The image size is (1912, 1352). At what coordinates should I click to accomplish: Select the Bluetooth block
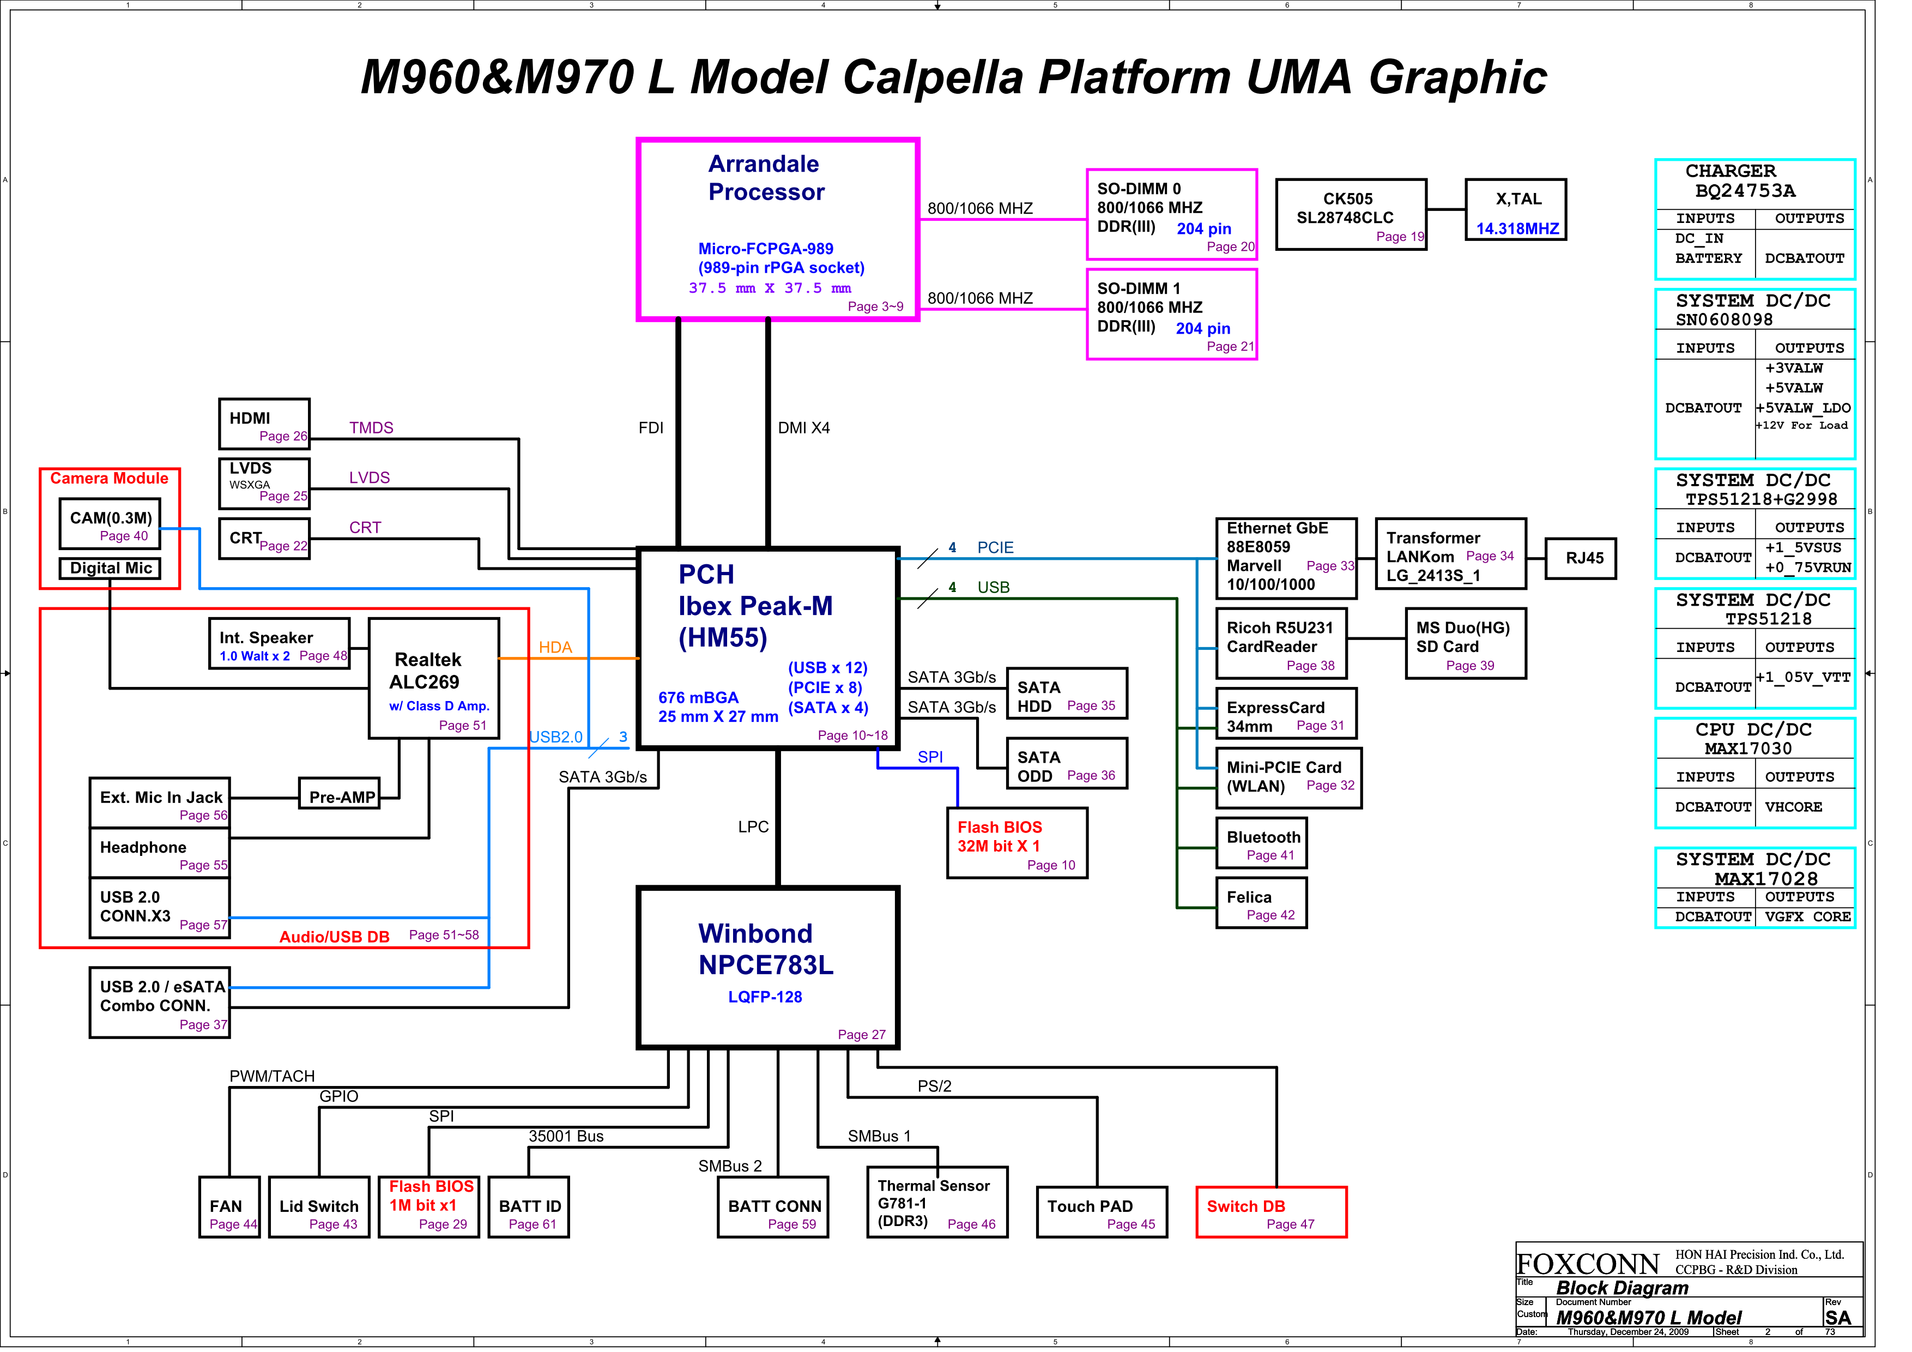1261,844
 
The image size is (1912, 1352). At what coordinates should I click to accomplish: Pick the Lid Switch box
319,1206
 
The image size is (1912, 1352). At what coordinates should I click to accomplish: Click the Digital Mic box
111,568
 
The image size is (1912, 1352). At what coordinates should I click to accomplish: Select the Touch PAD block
1101,1211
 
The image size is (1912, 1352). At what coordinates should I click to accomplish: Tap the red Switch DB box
1271,1211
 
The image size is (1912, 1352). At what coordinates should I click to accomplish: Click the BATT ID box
529,1206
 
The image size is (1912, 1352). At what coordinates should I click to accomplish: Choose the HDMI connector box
264,424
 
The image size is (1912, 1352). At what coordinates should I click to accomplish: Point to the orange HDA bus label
555,647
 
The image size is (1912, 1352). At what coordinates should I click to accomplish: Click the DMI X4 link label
803,428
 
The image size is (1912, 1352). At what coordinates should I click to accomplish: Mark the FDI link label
650,428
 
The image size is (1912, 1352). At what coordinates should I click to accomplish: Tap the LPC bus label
753,826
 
